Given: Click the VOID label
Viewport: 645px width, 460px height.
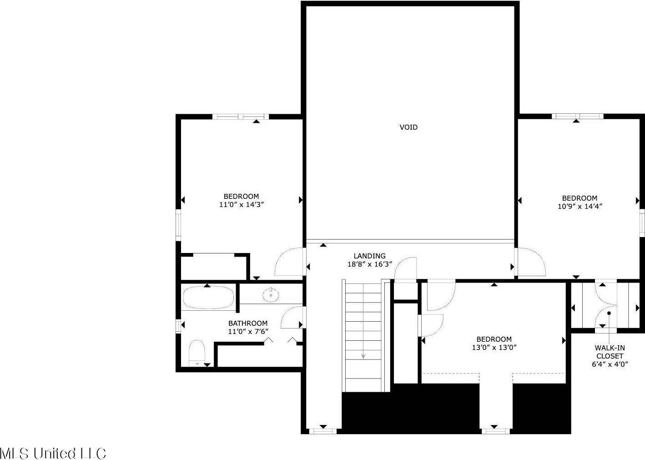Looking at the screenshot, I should (x=408, y=127).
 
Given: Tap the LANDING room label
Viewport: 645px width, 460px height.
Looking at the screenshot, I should (x=369, y=256).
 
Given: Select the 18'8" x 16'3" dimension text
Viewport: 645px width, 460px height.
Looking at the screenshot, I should (x=369, y=264).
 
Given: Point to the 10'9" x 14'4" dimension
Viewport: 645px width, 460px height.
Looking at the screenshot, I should (x=579, y=206).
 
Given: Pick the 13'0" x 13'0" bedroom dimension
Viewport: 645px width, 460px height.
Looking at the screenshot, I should (x=494, y=348).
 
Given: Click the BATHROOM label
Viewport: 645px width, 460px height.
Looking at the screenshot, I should (x=248, y=324).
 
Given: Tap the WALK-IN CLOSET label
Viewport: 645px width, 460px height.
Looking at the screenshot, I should (x=610, y=352).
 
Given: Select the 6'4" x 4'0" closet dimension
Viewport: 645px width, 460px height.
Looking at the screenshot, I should (x=610, y=364).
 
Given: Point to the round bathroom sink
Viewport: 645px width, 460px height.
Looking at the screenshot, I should (x=271, y=295).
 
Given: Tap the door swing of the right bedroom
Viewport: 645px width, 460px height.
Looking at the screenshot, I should (x=530, y=262).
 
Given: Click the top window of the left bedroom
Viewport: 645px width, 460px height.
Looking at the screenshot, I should (x=241, y=116).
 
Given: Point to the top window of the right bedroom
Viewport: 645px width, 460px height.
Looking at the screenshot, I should (x=577, y=116).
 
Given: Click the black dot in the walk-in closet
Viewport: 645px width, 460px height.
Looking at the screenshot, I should (x=609, y=313).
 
